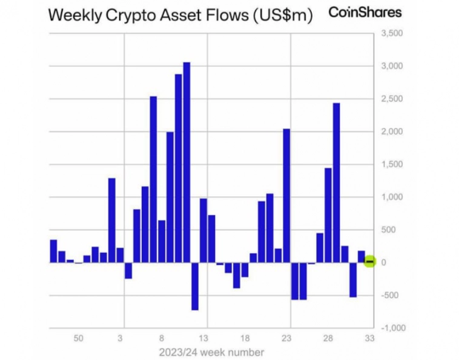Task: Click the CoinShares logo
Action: coord(365,12)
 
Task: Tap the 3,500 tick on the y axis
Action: coord(391,33)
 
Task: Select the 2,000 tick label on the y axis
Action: coord(391,132)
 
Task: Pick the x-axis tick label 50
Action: coord(79,338)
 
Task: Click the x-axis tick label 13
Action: coord(203,338)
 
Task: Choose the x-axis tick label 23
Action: coord(287,338)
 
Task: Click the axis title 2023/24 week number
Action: coord(211,352)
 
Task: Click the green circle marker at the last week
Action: coord(370,262)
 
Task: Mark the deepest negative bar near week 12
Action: coord(195,286)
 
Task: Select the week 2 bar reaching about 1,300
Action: coord(112,220)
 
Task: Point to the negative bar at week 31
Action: coord(353,279)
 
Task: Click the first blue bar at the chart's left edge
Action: coord(53,252)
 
